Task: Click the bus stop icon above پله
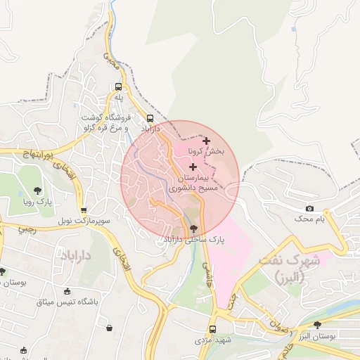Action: click(x=119, y=87)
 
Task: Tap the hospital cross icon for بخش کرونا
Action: click(x=206, y=141)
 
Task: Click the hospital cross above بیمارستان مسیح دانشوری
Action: click(x=193, y=167)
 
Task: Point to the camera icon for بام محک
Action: click(x=309, y=209)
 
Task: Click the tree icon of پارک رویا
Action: click(x=37, y=191)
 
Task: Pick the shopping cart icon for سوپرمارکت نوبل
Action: click(x=84, y=210)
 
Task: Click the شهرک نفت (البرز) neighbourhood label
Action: click(x=289, y=266)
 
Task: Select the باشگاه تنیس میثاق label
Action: click(x=67, y=303)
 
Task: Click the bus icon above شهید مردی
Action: click(x=212, y=328)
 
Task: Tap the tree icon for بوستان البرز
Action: click(x=318, y=325)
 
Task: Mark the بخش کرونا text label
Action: click(x=206, y=152)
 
